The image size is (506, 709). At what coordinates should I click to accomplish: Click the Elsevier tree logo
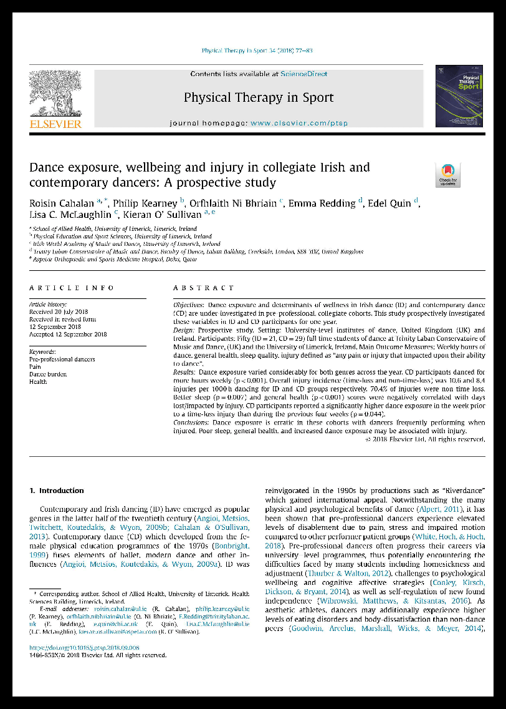55,93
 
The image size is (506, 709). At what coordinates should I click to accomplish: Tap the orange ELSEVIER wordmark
55,124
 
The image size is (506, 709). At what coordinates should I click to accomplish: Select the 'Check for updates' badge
447,175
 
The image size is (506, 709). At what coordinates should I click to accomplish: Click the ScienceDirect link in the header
303,74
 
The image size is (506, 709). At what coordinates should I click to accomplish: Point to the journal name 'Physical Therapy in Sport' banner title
259,97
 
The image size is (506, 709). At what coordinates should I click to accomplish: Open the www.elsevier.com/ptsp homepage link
299,124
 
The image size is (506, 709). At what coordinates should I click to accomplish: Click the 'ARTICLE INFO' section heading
72,288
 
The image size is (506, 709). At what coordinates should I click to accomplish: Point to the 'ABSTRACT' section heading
204,288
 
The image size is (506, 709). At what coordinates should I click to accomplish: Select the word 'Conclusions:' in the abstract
192,423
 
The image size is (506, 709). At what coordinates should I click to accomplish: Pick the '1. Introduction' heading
57,491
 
